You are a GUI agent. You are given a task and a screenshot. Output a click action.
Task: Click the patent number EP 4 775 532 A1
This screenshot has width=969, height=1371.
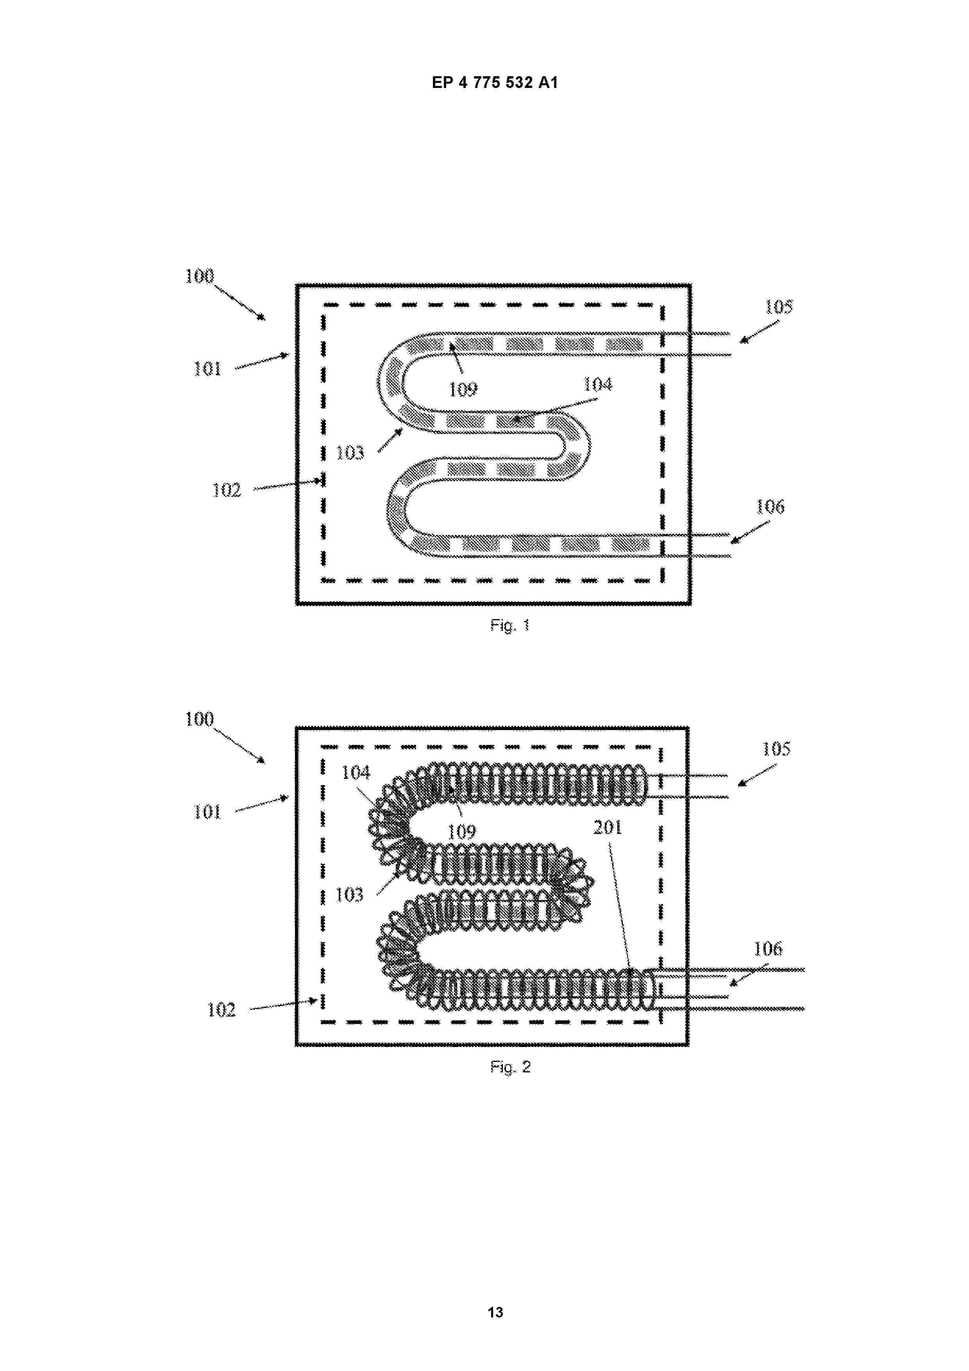point(495,82)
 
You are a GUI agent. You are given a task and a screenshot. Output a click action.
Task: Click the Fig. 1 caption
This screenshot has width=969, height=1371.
point(510,625)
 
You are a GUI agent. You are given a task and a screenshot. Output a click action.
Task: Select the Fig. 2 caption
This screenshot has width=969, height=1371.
point(510,1067)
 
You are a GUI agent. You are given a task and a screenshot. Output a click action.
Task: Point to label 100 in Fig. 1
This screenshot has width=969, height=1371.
point(199,276)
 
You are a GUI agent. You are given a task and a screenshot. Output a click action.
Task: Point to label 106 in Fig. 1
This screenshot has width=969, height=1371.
point(770,507)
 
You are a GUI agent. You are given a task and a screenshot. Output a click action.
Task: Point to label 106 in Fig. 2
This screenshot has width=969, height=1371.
point(768,949)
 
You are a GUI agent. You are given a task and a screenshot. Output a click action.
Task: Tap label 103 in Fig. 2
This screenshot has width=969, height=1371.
point(349,895)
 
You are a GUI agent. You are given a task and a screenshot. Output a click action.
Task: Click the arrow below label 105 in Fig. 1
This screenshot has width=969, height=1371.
point(760,332)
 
